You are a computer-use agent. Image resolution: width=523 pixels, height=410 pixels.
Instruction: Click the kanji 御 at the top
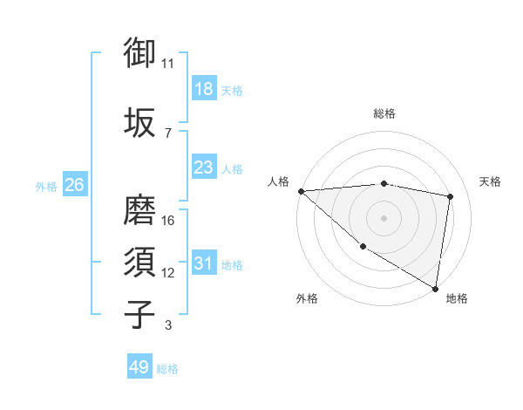tap(140, 53)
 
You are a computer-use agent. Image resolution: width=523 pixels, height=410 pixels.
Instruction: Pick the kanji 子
tap(140, 315)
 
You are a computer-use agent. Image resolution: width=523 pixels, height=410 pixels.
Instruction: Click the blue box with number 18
tap(204, 89)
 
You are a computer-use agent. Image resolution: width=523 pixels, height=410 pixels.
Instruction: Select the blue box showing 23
tap(204, 167)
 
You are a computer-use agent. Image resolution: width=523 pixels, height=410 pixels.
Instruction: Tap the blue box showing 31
tap(204, 263)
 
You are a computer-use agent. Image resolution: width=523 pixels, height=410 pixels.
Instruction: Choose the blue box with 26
tap(74, 185)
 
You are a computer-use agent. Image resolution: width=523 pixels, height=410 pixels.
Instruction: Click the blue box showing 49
tap(139, 367)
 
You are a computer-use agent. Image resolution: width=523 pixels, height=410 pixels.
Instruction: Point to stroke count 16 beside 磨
tap(169, 221)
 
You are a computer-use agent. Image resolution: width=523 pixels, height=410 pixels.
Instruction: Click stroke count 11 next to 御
tap(168, 64)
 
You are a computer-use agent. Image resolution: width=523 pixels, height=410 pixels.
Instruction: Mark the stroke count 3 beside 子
tap(168, 325)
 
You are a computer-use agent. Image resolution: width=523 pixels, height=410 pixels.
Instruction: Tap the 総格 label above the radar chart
tap(384, 113)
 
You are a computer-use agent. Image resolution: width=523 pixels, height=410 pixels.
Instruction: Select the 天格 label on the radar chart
tap(491, 181)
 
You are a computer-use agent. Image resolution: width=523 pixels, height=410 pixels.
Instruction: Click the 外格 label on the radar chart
tap(307, 298)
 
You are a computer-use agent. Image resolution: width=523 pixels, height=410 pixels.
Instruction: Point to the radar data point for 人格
tap(301, 191)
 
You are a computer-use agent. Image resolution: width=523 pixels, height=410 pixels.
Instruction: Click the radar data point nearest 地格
tap(435, 287)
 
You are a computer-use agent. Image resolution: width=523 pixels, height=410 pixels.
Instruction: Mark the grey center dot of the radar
tap(384, 217)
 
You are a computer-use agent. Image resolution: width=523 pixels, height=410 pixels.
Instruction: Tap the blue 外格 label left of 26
tap(46, 186)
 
